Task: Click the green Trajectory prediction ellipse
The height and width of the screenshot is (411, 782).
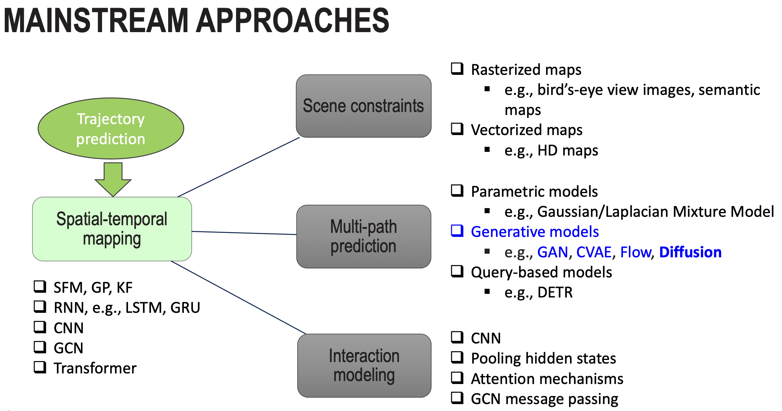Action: tap(111, 128)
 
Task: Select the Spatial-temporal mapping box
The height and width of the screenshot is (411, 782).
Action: tap(112, 229)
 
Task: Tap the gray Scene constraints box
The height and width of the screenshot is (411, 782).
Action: tap(364, 106)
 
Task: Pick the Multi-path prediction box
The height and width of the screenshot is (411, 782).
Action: tap(364, 236)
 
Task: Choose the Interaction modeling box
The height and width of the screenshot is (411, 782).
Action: tap(364, 365)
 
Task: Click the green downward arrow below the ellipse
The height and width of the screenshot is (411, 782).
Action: tap(113, 179)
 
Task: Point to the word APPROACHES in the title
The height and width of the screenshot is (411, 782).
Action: tap(293, 20)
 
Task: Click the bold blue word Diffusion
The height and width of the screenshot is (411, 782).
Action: tap(690, 252)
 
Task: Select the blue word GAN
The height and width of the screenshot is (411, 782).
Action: tap(553, 252)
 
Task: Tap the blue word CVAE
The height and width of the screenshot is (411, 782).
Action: tap(594, 252)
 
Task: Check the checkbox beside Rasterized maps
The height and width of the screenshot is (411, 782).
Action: tap(457, 69)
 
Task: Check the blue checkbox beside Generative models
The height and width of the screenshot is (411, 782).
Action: tap(457, 231)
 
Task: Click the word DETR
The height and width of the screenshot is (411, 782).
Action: tap(555, 292)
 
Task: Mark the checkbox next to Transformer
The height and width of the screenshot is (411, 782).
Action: tap(40, 367)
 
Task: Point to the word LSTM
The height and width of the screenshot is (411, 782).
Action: tap(142, 308)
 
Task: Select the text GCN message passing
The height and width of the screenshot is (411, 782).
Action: tap(544, 399)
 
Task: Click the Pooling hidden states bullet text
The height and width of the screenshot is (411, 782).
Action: tap(543, 358)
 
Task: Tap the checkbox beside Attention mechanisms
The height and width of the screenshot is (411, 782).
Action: tap(457, 378)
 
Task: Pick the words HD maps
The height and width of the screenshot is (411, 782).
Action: tap(568, 150)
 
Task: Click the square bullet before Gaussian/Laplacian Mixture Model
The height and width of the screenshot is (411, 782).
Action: tap(487, 211)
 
